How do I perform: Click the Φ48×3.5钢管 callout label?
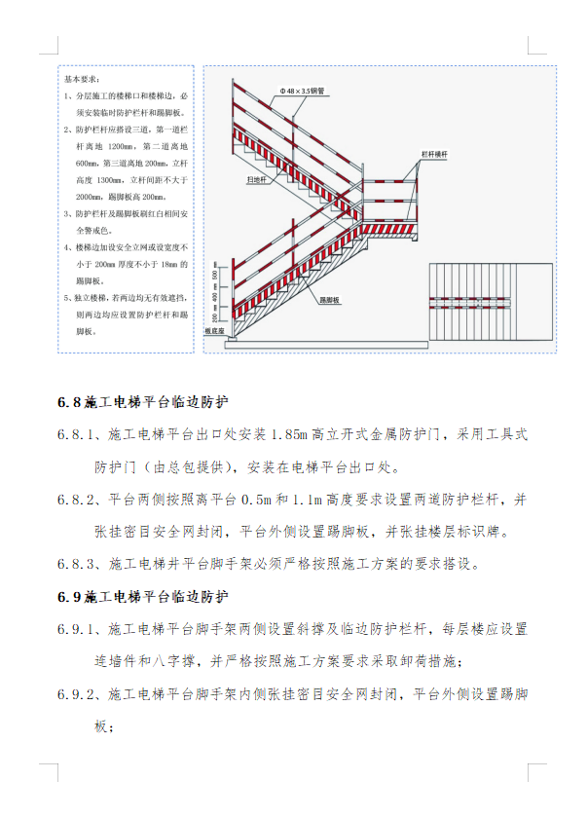click(x=302, y=91)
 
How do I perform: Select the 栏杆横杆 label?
click(x=433, y=154)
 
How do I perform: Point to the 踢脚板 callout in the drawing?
click(x=331, y=301)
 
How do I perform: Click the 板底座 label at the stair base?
click(x=215, y=331)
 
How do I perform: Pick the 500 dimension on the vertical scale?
click(x=214, y=277)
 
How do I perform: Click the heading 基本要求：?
click(x=82, y=78)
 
